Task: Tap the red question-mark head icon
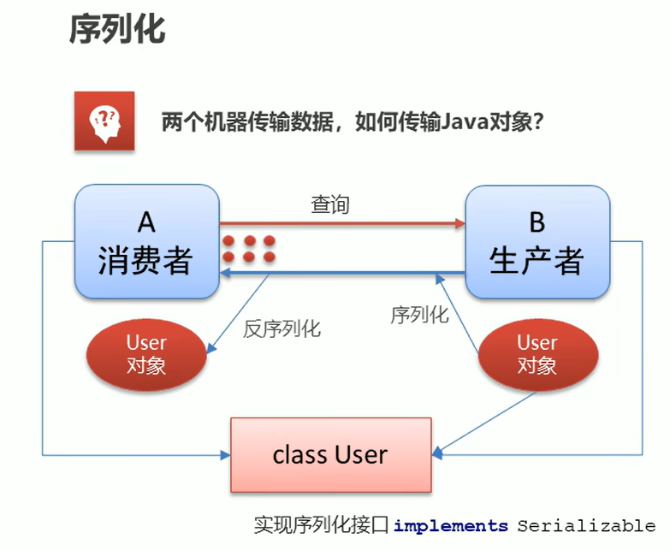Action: pyautogui.click(x=104, y=121)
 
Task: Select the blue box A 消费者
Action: pyautogui.click(x=146, y=241)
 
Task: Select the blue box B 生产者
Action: pyautogui.click(x=537, y=241)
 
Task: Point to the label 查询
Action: pyautogui.click(x=329, y=205)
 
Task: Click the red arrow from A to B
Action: pyautogui.click(x=342, y=223)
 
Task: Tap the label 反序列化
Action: pyautogui.click(x=282, y=328)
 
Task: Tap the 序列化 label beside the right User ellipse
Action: pyautogui.click(x=419, y=315)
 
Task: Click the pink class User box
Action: pyautogui.click(x=330, y=454)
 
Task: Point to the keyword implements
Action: pyautogui.click(x=450, y=525)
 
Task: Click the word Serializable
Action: pyautogui.click(x=586, y=525)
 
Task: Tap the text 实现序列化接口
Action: pyautogui.click(x=322, y=525)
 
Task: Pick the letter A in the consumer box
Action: pyautogui.click(x=146, y=222)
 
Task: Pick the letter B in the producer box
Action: pyautogui.click(x=537, y=222)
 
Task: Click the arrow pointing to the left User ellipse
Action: pyautogui.click(x=240, y=313)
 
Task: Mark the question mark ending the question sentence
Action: pyautogui.click(x=538, y=121)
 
